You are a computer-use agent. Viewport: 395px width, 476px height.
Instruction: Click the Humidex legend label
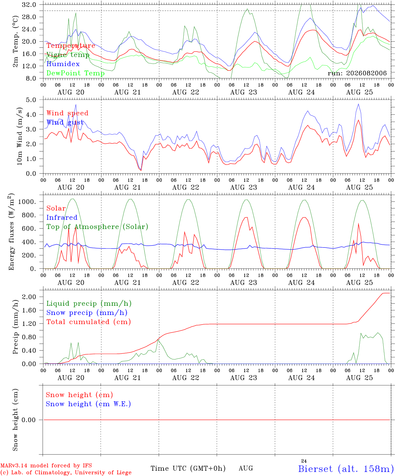tap(63, 64)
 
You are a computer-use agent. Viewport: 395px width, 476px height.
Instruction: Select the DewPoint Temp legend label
tap(75, 73)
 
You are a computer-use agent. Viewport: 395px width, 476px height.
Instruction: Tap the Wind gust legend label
tap(65, 122)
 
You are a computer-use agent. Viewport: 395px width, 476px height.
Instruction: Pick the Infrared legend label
tap(62, 218)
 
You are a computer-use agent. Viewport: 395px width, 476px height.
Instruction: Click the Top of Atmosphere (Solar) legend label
tap(98, 227)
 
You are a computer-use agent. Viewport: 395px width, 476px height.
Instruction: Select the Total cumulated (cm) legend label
tap(89, 322)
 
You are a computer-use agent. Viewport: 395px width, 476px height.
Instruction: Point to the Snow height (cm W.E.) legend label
tap(88, 404)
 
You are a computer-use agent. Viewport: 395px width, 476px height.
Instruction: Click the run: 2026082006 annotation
tap(357, 73)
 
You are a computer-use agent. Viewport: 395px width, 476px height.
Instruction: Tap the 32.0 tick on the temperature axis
tap(29, 5)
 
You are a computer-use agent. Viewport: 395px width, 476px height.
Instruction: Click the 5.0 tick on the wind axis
tap(31, 100)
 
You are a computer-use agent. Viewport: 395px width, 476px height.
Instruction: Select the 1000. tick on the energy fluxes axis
tap(27, 202)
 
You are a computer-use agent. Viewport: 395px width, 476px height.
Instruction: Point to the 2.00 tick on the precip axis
tap(29, 297)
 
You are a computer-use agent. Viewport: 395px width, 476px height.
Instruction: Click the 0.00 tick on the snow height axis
tap(29, 420)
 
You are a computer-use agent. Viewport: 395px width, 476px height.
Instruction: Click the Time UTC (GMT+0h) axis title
tap(188, 468)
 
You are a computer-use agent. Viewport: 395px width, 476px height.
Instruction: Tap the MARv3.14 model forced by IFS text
tap(46, 465)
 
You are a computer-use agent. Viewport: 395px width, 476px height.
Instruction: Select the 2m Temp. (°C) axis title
tap(15, 41)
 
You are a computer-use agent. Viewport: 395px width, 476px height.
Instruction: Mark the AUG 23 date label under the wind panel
tap(243, 187)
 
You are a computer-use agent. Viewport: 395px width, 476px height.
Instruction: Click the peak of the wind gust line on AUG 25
tap(359, 104)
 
